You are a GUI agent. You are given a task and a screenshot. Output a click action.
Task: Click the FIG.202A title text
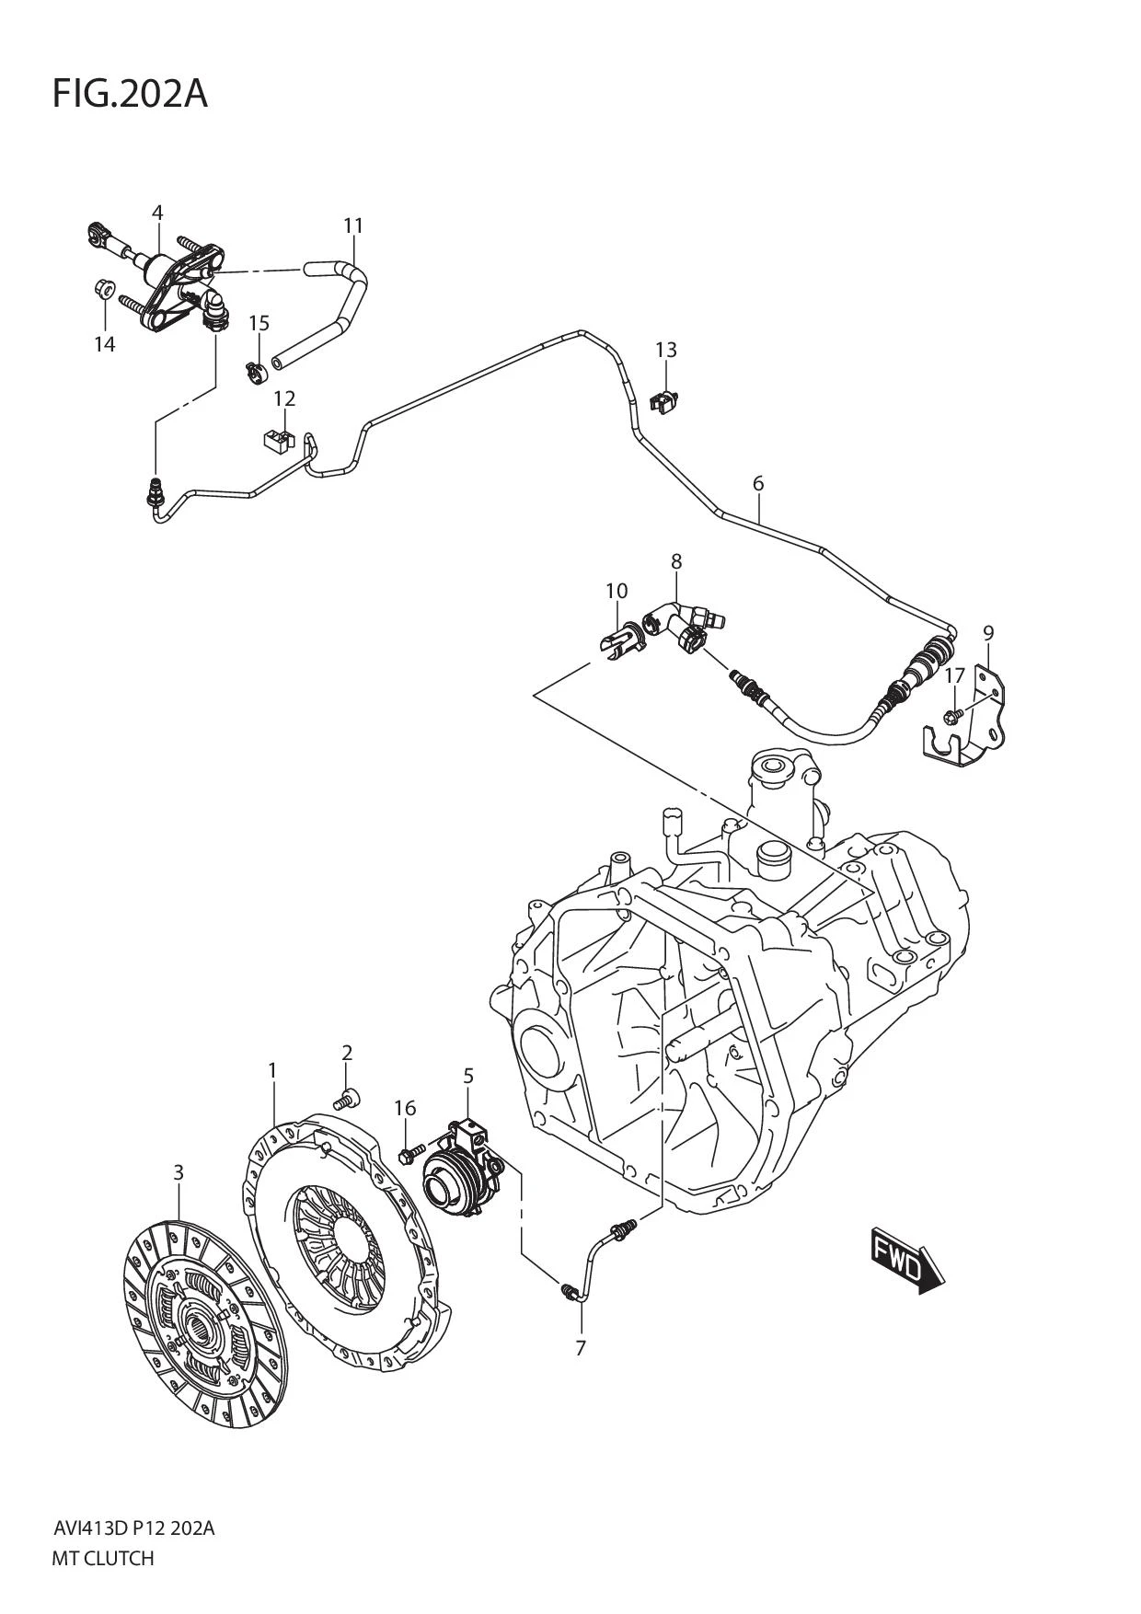(x=130, y=94)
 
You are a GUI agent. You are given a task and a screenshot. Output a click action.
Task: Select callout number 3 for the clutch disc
(x=179, y=1172)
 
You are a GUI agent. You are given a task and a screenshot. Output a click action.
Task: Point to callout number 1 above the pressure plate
(x=272, y=1070)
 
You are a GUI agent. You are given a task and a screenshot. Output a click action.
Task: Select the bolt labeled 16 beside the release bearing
(x=409, y=1151)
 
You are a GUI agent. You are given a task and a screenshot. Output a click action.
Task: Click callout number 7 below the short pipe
(x=581, y=1348)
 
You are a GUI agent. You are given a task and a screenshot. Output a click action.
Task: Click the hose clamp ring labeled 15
(x=255, y=371)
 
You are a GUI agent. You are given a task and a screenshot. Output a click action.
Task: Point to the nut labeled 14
(x=104, y=291)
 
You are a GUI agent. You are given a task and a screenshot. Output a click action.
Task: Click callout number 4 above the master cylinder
(x=157, y=213)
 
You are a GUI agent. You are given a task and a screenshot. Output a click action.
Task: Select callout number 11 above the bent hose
(x=353, y=225)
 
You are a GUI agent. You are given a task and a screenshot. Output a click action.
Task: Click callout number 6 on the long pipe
(x=758, y=483)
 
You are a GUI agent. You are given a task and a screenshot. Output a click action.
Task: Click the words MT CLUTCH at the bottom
(x=102, y=1559)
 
